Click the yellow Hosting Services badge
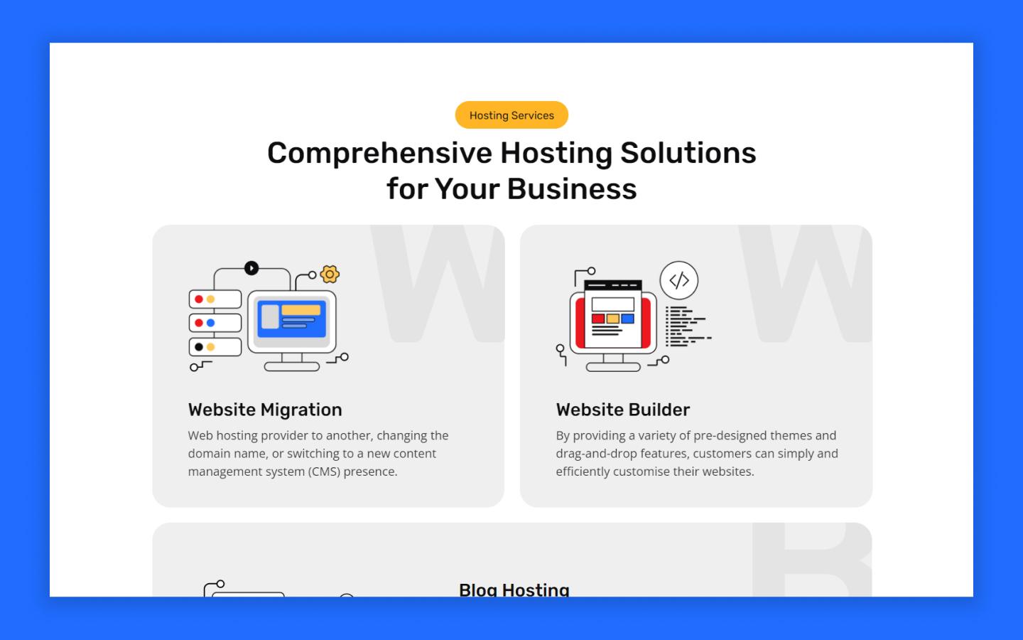[511, 115]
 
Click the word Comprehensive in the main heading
[379, 153]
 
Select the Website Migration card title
[265, 410]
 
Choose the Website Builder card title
[623, 410]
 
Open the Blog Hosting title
[514, 589]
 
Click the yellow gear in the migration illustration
[330, 274]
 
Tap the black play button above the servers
[251, 268]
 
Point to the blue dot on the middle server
[210, 323]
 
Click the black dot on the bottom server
[199, 347]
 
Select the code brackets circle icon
[679, 280]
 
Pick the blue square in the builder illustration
[627, 319]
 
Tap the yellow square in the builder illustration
[612, 319]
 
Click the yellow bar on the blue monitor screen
[301, 310]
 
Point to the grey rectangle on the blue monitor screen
[270, 316]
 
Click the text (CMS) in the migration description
[324, 471]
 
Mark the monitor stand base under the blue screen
[292, 367]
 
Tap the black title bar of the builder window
[612, 285]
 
